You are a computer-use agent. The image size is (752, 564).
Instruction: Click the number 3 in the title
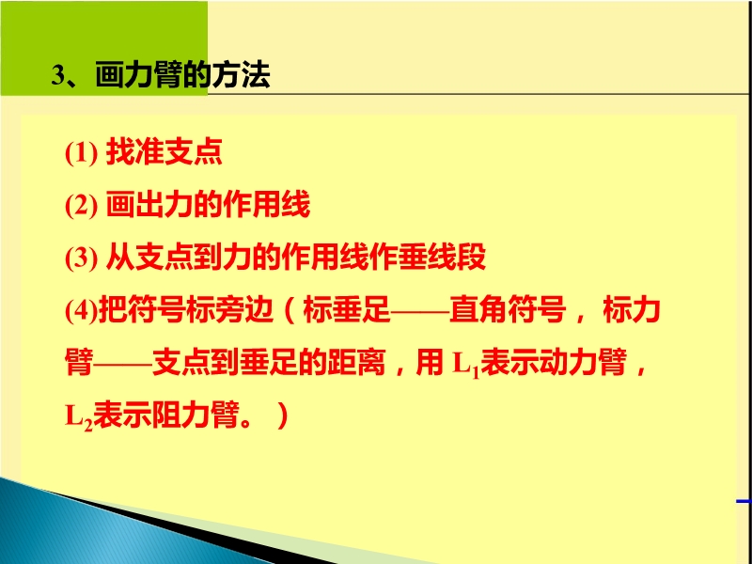[x=57, y=76]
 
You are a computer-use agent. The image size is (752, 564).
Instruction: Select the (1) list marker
[x=82, y=153]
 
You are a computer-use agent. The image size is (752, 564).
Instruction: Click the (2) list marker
[x=82, y=205]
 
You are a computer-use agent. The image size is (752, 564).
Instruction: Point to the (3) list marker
[x=82, y=258]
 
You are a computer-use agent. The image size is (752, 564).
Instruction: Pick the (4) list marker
[x=82, y=310]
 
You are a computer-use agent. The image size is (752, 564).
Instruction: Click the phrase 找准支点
[x=164, y=152]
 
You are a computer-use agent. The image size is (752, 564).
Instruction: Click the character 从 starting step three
[x=120, y=257]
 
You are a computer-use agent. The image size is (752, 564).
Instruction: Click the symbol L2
[x=79, y=417]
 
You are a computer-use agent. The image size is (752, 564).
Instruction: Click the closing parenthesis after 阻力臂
[x=282, y=415]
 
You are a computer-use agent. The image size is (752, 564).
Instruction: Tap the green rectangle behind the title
[x=104, y=48]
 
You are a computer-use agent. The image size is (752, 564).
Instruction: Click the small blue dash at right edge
[x=744, y=502]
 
